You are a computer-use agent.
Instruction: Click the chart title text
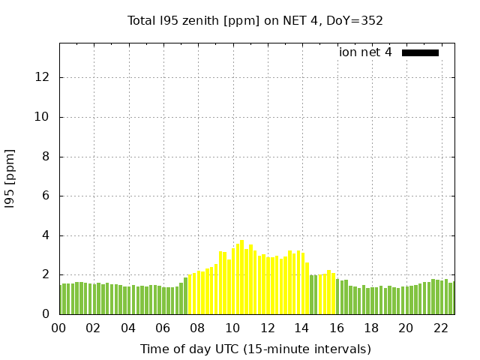[255, 20]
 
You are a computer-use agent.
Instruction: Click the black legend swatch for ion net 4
[420, 52]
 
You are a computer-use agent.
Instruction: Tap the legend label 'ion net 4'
[365, 52]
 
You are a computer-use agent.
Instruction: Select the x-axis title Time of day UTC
[255, 349]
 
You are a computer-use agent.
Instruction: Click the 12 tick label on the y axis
[43, 77]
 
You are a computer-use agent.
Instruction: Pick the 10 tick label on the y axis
[43, 117]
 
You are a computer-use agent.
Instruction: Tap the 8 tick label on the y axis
[46, 157]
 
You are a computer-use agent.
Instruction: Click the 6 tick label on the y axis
[46, 196]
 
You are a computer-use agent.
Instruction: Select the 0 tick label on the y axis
[46, 314]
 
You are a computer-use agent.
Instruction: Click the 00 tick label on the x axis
[59, 328]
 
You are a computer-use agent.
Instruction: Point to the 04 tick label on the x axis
[128, 328]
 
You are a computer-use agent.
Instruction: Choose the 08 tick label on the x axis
[197, 328]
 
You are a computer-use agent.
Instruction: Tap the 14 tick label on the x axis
[301, 328]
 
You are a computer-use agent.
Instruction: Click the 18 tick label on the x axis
[370, 328]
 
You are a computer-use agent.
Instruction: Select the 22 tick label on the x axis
[440, 328]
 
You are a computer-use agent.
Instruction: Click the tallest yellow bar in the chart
[241, 277]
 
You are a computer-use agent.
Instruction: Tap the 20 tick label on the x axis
[406, 328]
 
